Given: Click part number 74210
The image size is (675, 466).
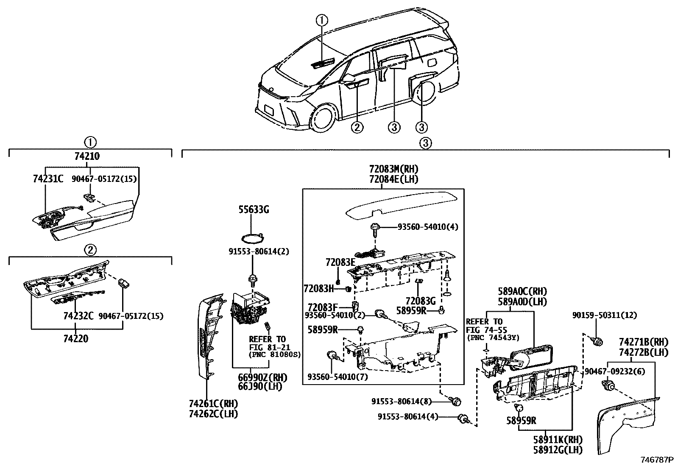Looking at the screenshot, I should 86,156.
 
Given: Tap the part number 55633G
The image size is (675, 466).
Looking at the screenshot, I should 254,209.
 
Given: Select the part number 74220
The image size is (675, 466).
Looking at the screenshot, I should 75,339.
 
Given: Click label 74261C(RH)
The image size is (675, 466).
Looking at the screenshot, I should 213,403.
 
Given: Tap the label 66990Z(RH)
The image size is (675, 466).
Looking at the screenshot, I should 262,377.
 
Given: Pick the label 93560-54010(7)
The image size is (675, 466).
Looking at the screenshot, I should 337,377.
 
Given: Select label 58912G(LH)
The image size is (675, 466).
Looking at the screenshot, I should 558,449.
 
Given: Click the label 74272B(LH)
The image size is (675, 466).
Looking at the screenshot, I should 643,352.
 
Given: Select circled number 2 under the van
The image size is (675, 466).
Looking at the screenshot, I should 357,127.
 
